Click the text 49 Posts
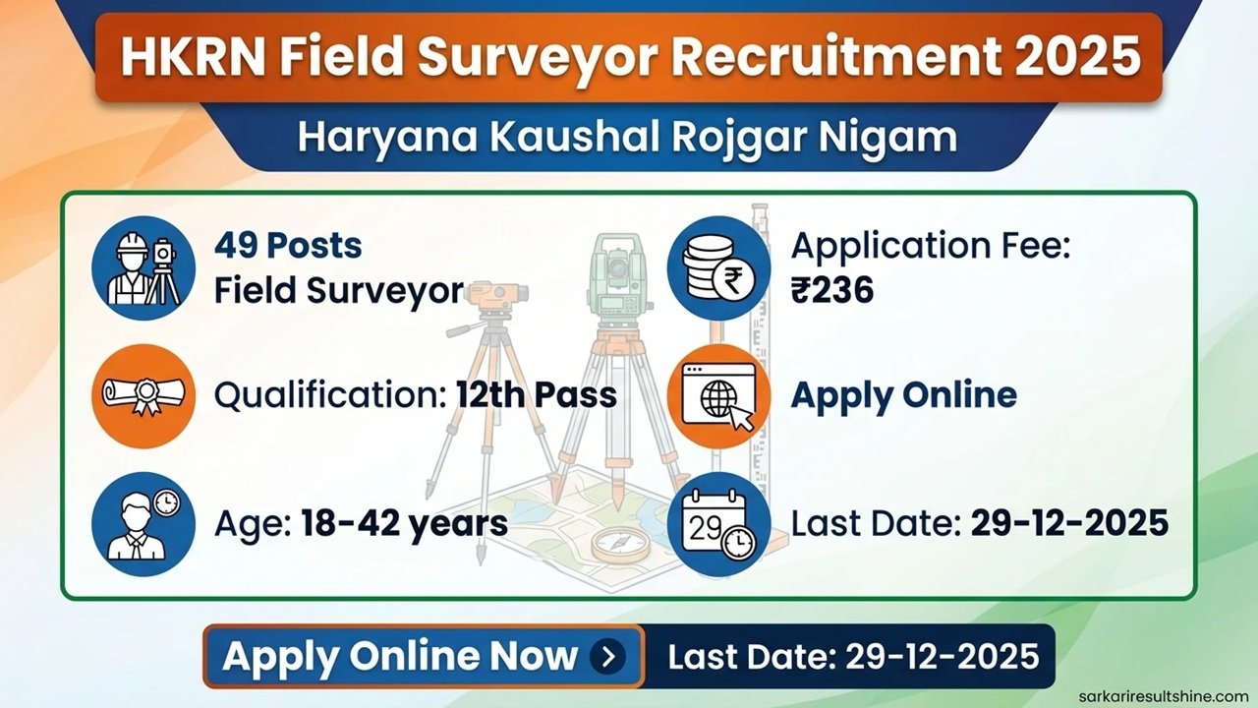click(288, 246)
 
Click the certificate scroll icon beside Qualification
click(143, 395)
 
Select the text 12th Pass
click(537, 395)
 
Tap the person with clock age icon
click(143, 522)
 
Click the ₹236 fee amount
click(832, 290)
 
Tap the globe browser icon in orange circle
click(718, 395)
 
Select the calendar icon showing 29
click(718, 522)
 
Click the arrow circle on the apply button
click(608, 656)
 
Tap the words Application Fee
click(929, 246)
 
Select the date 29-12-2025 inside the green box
click(1069, 523)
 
